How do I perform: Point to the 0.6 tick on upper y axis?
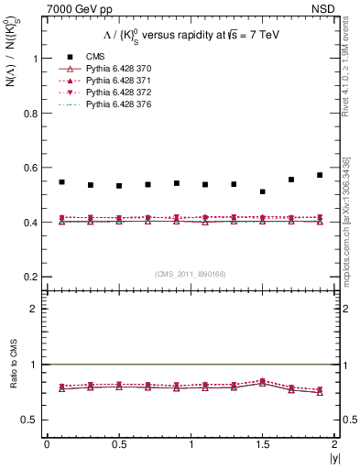point(31,168)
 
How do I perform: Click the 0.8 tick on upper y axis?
point(31,113)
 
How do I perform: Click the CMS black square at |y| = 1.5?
point(262,191)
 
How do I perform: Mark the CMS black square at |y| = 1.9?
point(320,175)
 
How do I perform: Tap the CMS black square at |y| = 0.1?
point(61,182)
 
